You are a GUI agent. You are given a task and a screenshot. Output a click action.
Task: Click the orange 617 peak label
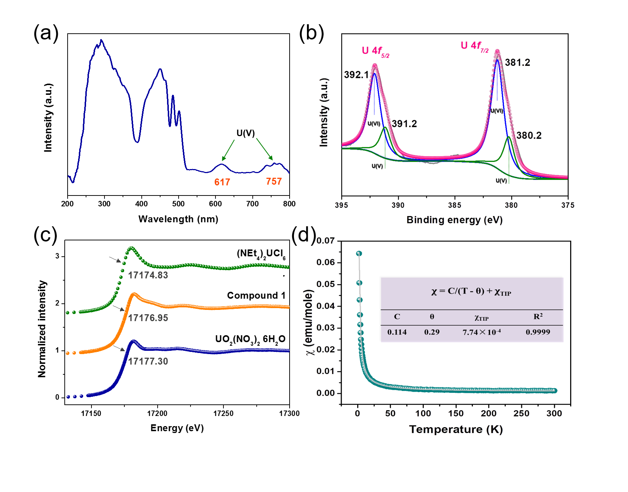(222, 182)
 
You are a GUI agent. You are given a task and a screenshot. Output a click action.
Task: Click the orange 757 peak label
(274, 181)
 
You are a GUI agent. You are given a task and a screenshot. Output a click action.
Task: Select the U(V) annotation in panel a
(245, 133)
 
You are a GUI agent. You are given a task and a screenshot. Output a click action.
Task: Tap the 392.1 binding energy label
(356, 75)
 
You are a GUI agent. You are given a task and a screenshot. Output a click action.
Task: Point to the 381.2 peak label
(517, 63)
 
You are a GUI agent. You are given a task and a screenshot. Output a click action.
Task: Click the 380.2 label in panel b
(529, 136)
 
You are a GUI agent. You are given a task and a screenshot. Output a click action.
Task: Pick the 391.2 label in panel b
(404, 124)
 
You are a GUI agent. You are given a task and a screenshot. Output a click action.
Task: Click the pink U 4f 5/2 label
(375, 51)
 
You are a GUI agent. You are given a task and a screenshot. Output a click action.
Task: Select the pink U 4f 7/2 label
(474, 46)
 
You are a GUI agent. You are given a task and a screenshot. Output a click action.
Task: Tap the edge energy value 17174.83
(148, 275)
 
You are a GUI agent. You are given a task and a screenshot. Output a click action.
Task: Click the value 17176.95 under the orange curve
(148, 318)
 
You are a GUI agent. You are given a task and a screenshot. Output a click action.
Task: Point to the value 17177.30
(148, 361)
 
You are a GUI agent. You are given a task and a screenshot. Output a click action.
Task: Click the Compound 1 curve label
(256, 295)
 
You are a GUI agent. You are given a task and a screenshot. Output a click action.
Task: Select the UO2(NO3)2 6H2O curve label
(250, 340)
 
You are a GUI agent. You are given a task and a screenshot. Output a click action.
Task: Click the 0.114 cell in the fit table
(397, 332)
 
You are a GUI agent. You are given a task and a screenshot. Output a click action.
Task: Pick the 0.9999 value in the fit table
(538, 332)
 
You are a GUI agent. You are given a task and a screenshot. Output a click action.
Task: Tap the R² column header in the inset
(538, 316)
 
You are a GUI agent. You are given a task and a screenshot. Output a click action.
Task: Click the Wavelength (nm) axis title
(178, 219)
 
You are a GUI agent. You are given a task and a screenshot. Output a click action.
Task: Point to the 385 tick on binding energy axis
(454, 205)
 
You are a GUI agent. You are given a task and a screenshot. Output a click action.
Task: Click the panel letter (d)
(304, 235)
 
